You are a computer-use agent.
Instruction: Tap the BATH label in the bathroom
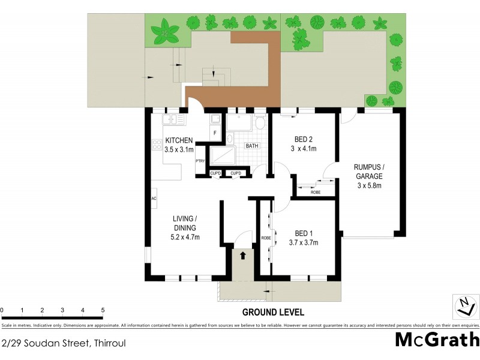pos(252,146)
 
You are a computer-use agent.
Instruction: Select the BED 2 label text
pos(303,140)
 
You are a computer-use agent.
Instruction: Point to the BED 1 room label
pos(303,233)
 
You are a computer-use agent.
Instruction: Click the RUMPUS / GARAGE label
pos(369,176)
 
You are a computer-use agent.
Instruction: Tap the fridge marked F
pos(214,133)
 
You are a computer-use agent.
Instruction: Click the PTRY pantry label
pos(200,161)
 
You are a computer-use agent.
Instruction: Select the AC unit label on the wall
pos(154,199)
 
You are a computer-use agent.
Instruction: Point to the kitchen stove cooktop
pos(157,144)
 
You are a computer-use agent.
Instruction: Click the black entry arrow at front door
pos(243,256)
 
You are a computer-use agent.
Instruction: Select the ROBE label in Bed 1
pos(265,238)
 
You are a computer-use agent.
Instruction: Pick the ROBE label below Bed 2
pos(315,192)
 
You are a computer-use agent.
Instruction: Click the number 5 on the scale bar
pos(103,310)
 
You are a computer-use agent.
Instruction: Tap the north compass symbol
pos(464,306)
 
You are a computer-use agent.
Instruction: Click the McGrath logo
pos(437,339)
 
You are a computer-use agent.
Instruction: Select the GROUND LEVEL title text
pos(273,312)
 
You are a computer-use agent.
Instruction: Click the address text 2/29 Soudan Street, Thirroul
pos(64,344)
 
